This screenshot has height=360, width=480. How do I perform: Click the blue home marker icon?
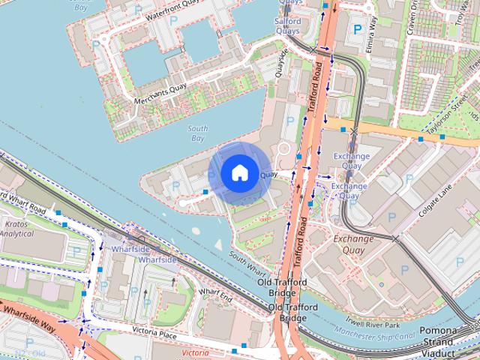[x=239, y=172]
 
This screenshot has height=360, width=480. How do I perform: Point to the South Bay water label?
[x=197, y=133]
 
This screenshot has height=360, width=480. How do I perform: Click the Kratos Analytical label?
[x=16, y=229]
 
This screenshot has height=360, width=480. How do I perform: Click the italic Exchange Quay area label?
[x=354, y=244]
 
